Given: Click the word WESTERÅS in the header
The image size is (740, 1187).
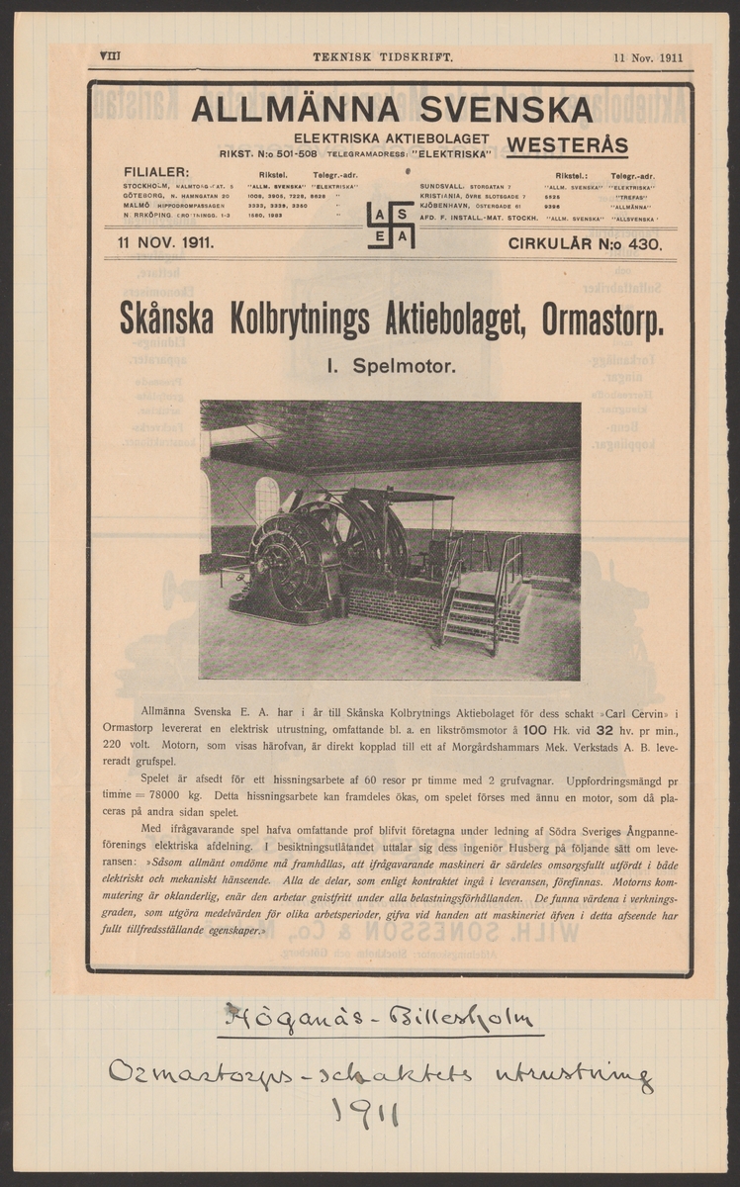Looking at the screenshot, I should pos(567,146).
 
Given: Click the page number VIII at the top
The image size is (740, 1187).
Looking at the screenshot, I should pos(109,57).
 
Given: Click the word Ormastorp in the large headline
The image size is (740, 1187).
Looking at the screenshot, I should pos(602,322).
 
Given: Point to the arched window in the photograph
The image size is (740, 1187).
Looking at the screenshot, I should pos(266,501).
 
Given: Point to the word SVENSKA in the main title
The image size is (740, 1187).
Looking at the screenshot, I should pos(506,110).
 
